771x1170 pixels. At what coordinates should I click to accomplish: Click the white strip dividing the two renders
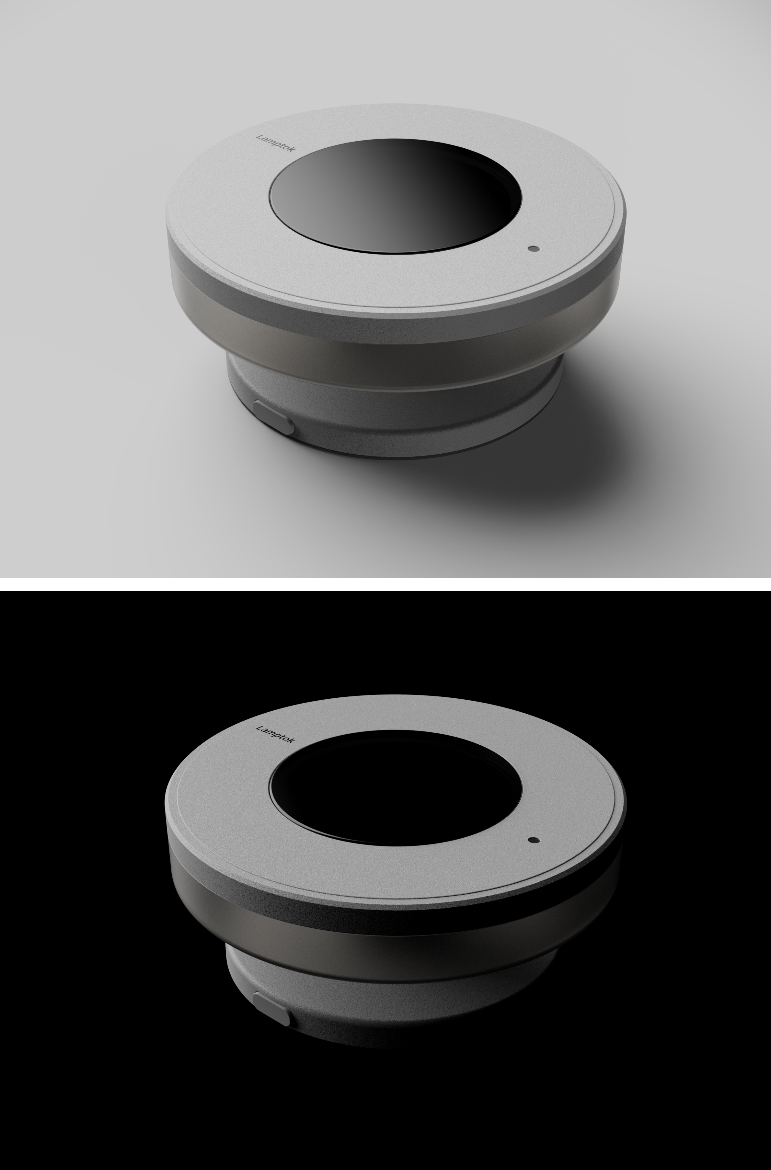tap(385, 584)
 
